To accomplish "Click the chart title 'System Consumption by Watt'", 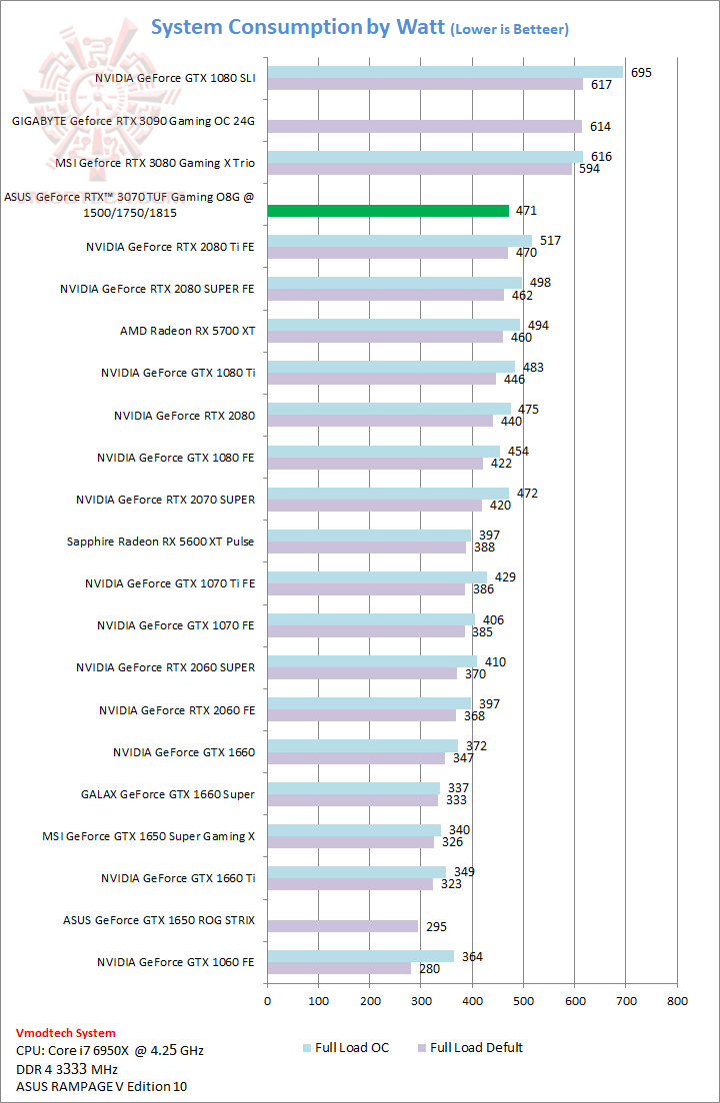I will [x=297, y=27].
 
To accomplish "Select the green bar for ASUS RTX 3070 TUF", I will [x=388, y=211].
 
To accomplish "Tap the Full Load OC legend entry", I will [x=346, y=1047].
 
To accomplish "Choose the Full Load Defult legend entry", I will [x=469, y=1047].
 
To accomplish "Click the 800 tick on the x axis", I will [x=677, y=1000].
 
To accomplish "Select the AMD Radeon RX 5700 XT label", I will [x=187, y=331].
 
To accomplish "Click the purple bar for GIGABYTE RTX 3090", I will [x=424, y=127].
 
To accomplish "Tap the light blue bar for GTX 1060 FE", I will [x=360, y=956].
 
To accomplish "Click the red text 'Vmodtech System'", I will [x=66, y=1033].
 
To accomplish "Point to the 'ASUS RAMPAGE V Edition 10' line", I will [x=101, y=1086].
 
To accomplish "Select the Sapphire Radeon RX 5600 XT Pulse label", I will [x=160, y=542].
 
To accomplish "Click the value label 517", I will [x=550, y=241].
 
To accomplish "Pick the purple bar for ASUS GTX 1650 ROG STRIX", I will [x=342, y=926].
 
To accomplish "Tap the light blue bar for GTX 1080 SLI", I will [x=445, y=72].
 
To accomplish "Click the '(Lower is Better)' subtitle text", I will [x=509, y=30].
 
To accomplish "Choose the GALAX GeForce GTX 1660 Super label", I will [x=167, y=794].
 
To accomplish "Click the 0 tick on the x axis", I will [x=267, y=1000].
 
